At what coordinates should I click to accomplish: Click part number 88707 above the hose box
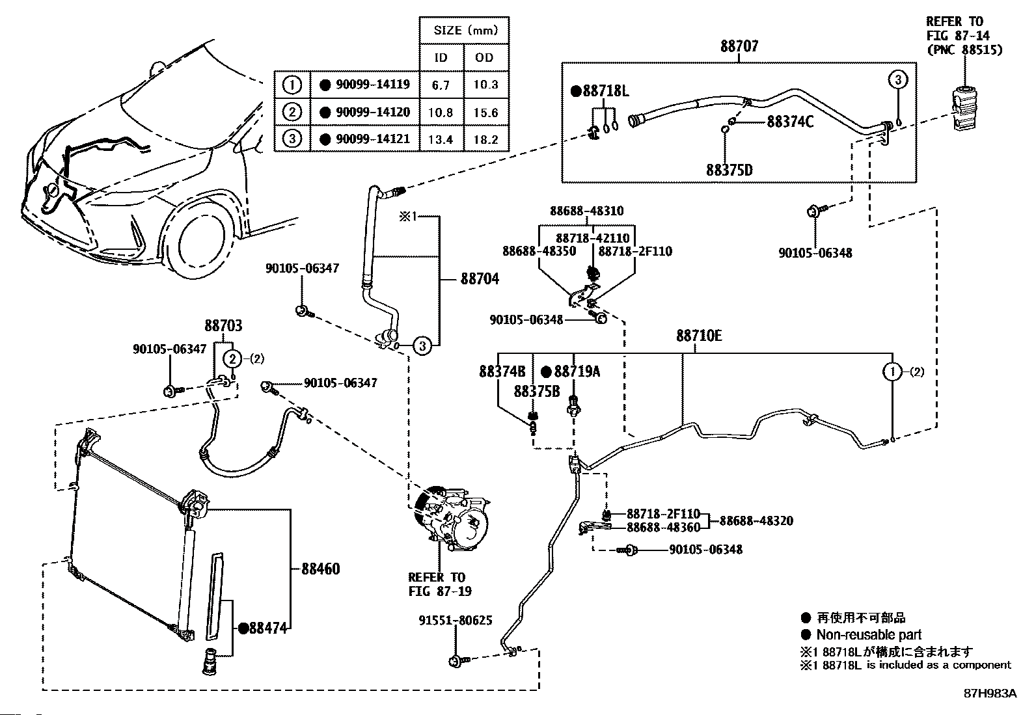[x=739, y=47]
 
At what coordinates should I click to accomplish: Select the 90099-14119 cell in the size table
[x=364, y=85]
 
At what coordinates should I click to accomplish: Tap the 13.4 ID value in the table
[x=441, y=140]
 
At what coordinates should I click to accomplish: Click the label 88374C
[x=790, y=122]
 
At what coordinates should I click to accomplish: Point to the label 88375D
[x=729, y=170]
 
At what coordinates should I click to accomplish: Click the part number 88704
[x=480, y=279]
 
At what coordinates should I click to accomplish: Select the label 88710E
[x=699, y=336]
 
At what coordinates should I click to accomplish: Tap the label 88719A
[x=577, y=371]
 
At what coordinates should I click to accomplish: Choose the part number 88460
[x=320, y=569]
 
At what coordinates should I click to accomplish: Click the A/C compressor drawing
[x=452, y=525]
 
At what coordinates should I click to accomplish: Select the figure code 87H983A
[x=990, y=694]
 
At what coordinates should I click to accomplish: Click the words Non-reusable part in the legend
[x=869, y=635]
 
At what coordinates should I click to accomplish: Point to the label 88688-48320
[x=756, y=521]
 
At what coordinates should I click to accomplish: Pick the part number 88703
[x=223, y=326]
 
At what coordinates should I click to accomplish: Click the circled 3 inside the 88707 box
[x=897, y=80]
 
